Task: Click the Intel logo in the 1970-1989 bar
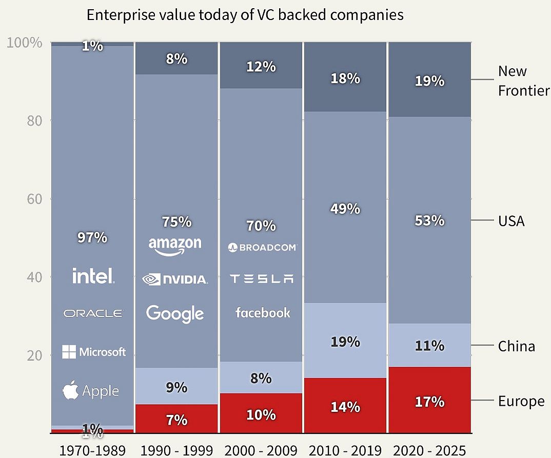[x=93, y=276]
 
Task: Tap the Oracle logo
[x=93, y=313]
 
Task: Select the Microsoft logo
[x=94, y=352]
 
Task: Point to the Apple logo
[x=91, y=391]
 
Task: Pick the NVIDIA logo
[x=175, y=280]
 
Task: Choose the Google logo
[x=175, y=313]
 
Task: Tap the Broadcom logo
[x=262, y=248]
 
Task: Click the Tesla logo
[x=262, y=279]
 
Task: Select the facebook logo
[x=263, y=312]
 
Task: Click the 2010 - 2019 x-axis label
[x=345, y=451]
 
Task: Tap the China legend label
[x=516, y=346]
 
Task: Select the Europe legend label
[x=521, y=401]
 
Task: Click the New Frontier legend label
[x=523, y=81]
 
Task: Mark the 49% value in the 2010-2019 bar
[x=345, y=209]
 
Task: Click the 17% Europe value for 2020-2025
[x=429, y=401]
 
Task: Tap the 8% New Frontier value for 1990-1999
[x=176, y=59]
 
